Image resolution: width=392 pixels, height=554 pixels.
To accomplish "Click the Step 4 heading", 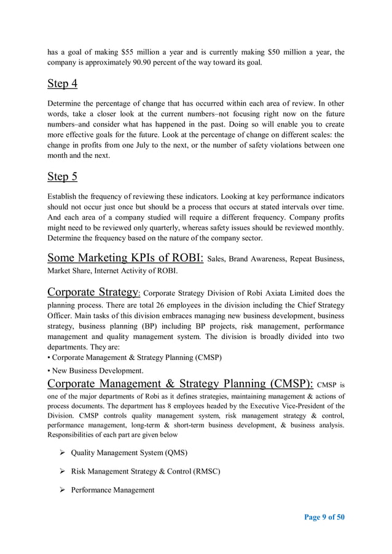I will pyautogui.click(x=62, y=84).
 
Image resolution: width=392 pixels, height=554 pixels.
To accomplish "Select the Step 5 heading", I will pyautogui.click(x=62, y=177).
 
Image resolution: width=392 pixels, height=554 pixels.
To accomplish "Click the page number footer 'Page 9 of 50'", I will pyautogui.click(x=324, y=517).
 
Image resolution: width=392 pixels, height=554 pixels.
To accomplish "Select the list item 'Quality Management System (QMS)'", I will pyautogui.click(x=129, y=453).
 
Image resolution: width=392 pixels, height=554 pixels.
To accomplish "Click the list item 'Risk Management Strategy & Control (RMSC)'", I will pyautogui.click(x=145, y=472).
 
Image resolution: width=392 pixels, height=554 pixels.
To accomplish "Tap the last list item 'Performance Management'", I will pyautogui.click(x=112, y=490).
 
